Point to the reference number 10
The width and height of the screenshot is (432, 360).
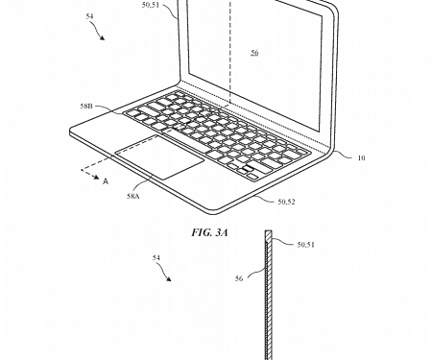(360, 157)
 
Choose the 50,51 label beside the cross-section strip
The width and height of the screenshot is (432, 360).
(306, 245)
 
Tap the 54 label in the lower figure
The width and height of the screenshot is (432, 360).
(156, 258)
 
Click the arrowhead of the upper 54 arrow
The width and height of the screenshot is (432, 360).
(101, 39)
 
